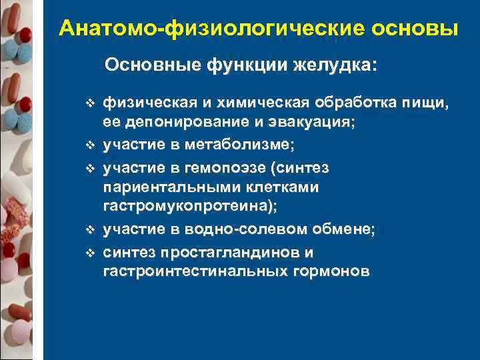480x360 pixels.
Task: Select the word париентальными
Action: [165, 187]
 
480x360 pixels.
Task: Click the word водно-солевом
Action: [250, 230]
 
